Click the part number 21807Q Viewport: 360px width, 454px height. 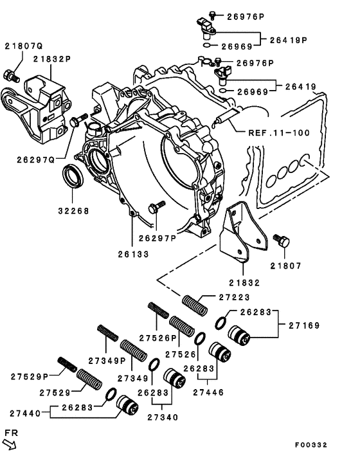(x=24, y=46)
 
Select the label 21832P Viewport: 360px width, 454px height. (x=53, y=59)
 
